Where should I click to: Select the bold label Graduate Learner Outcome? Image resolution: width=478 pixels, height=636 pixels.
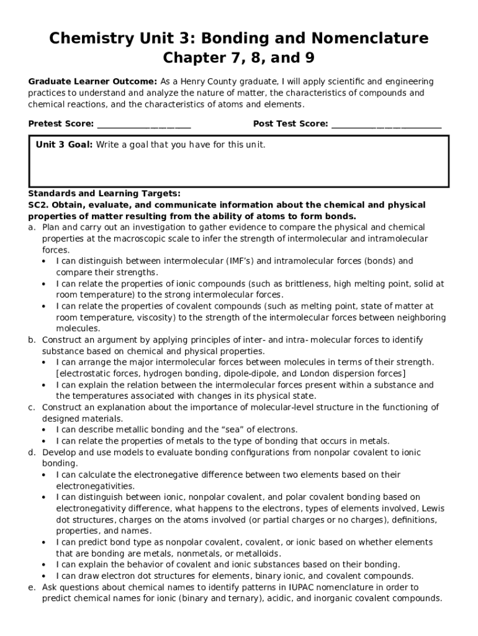[92, 82]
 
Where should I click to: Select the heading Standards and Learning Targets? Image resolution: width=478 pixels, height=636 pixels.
[104, 194]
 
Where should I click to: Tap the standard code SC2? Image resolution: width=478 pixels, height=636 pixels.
[38, 205]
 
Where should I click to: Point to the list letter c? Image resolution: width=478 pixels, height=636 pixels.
[31, 407]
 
